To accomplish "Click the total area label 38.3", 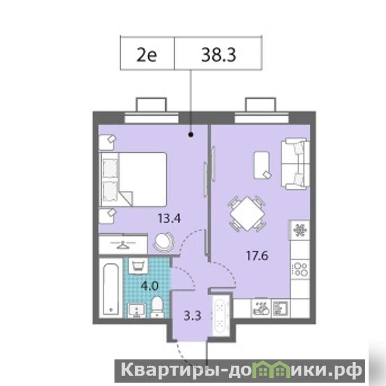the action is (218, 55).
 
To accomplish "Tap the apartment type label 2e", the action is (146, 55).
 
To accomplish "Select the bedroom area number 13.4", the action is (169, 218).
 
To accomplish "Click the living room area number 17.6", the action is (257, 256).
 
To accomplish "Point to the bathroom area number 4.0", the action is (149, 286).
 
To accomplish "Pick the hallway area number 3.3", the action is (192, 315).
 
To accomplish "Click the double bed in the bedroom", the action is (133, 179).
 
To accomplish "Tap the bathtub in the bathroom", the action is (111, 288).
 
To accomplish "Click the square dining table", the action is (247, 214).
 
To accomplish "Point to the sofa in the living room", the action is (295, 164).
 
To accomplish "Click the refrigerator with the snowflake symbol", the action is (300, 230).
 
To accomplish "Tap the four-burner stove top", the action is (300, 269).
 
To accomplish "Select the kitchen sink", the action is (280, 308).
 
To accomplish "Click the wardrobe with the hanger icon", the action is (123, 244).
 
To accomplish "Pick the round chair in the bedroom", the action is (163, 242).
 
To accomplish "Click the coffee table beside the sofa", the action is (262, 164).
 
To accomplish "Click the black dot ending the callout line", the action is (191, 135).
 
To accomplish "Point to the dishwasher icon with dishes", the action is (261, 308).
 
